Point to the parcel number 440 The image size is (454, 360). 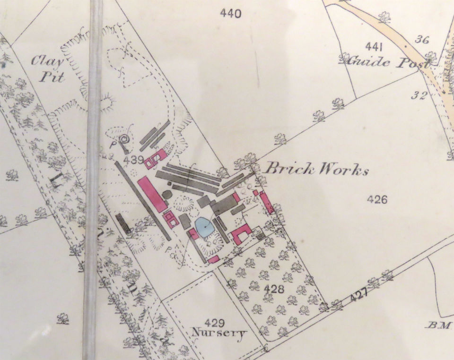coord(231,13)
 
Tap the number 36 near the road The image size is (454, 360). coord(422,39)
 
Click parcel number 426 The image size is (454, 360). coord(377,199)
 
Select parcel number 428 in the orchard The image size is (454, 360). coord(274,289)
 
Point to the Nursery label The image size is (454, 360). coord(218,333)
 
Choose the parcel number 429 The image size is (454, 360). coord(215,322)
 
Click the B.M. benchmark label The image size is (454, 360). coord(441,325)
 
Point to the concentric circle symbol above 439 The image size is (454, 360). coord(125,139)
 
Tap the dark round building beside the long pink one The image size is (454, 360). coord(167,194)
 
